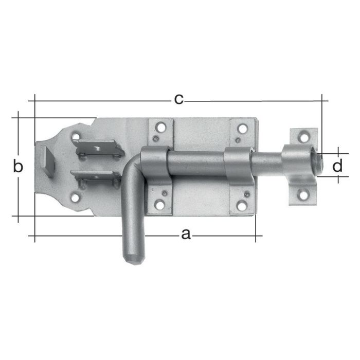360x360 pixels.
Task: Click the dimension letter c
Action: point(178,99)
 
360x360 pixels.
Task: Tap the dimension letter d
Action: point(337,166)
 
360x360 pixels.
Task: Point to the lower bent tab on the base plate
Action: point(95,178)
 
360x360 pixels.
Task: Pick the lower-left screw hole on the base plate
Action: point(76,197)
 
